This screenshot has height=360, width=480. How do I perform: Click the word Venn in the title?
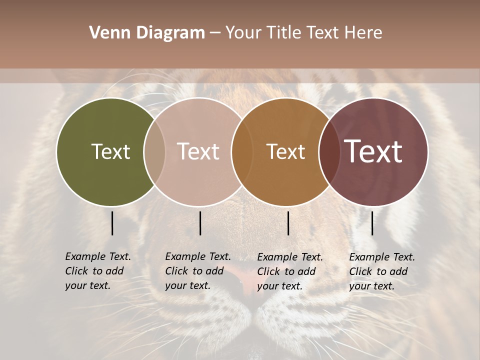(106, 33)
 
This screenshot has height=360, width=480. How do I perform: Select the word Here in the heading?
(363, 33)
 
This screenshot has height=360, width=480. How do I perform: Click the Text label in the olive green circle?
(110, 151)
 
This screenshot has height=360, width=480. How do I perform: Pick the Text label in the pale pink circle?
(198, 151)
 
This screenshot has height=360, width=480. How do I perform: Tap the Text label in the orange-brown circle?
(285, 151)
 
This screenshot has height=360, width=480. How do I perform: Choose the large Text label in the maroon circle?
(373, 151)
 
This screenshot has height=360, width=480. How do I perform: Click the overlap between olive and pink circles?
(154, 151)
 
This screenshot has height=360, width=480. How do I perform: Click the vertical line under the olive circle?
(112, 223)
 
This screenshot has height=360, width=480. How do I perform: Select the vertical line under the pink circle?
(200, 223)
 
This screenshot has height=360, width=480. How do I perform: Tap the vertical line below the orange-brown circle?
(288, 223)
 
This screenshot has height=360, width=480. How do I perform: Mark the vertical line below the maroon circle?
(372, 223)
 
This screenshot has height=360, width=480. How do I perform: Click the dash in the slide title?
(215, 33)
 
